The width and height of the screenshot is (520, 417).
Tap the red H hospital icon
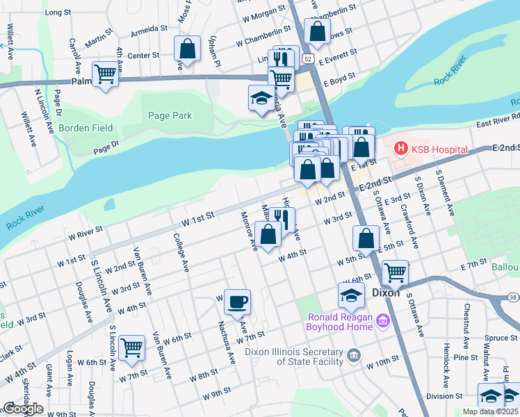pyautogui.click(x=400, y=148)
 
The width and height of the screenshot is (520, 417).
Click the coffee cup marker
pyautogui.click(x=237, y=302)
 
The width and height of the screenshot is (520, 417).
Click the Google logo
pyautogui.click(x=23, y=409)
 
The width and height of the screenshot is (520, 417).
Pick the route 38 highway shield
pyautogui.click(x=513, y=297)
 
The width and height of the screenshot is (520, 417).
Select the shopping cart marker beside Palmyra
pyautogui.click(x=105, y=73)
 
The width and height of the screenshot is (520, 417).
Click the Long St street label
pyautogui.click(x=58, y=13)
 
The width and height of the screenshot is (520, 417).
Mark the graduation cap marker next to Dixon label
pyautogui.click(x=351, y=295)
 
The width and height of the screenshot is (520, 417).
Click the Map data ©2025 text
pyautogui.click(x=490, y=411)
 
